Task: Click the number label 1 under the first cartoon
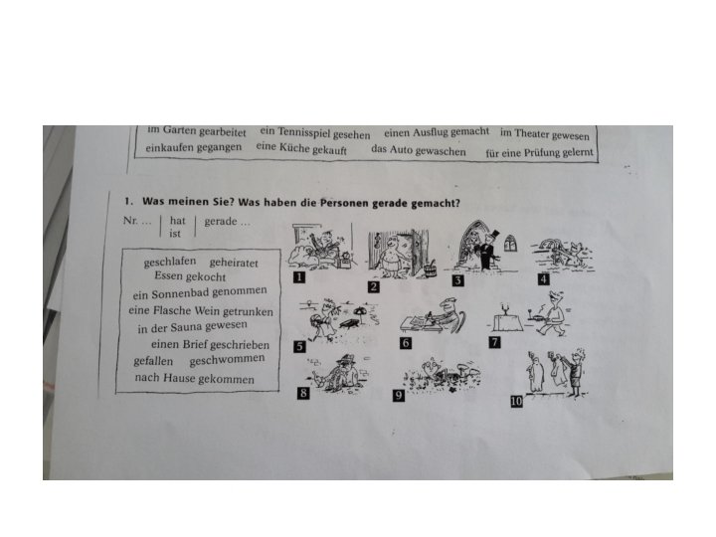pos(298,276)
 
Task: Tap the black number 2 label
pos(374,286)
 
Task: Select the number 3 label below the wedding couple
pos(458,280)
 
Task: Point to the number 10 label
pos(516,402)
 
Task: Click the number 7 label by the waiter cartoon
pos(494,342)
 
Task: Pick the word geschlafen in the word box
pos(170,262)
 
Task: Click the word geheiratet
pos(234,263)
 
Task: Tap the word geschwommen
pos(227,360)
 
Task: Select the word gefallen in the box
pos(153,361)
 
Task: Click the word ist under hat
pos(175,234)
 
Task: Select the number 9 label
pos(399,395)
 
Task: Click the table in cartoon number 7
pos(505,322)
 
